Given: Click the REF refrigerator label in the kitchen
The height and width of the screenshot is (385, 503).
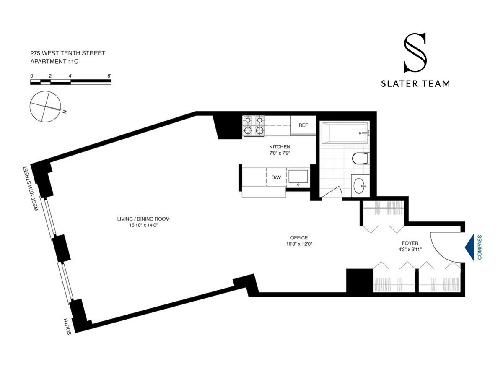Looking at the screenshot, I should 303,125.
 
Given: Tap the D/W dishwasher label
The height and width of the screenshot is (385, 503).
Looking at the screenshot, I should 276,177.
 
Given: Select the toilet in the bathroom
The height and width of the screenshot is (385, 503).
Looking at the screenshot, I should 360,159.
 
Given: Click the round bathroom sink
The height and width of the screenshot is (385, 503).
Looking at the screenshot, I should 360,185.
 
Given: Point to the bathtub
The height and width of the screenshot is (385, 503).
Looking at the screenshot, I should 344,133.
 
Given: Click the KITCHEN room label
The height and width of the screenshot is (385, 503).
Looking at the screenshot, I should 280,147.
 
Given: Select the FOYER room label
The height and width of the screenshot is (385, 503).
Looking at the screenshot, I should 410,243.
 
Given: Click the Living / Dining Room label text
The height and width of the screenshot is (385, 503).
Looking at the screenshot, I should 143,219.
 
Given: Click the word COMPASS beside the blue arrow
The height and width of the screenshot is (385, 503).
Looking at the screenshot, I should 480,247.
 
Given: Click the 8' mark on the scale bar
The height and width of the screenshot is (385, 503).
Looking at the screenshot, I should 109,75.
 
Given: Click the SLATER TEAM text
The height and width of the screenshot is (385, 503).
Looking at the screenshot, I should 415,83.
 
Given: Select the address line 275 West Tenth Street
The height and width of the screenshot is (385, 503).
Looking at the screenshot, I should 67,53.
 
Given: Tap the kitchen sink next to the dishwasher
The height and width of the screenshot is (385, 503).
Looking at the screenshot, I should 298,177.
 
